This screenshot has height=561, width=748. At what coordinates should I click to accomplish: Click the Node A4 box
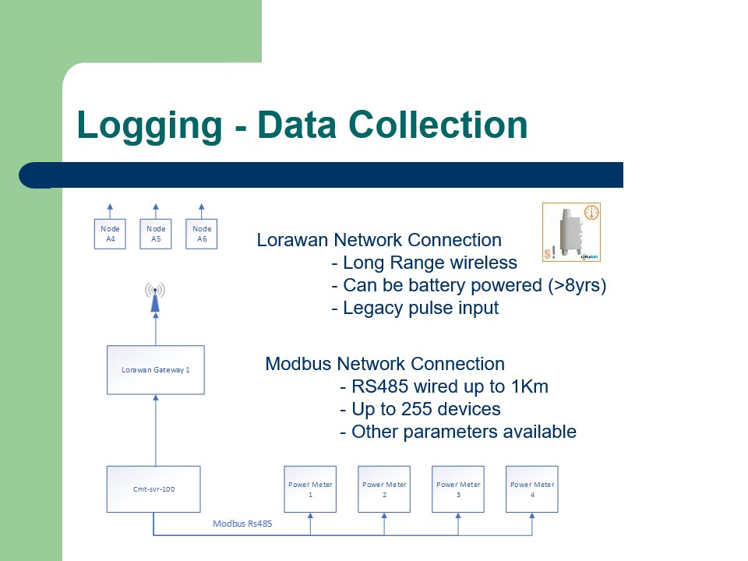point(110,234)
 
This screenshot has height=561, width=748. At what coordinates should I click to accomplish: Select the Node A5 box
point(156,234)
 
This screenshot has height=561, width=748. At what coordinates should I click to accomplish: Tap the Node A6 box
point(202,234)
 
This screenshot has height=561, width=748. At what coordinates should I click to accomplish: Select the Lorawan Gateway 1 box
point(155,369)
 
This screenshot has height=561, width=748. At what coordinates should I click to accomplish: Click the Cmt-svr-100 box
point(153,489)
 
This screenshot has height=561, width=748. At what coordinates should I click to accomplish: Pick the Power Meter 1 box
point(310,489)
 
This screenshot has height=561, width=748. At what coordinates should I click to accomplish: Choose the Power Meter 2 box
point(384,489)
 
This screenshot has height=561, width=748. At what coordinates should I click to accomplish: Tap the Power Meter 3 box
point(458,489)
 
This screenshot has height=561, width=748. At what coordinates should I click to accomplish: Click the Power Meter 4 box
point(532,489)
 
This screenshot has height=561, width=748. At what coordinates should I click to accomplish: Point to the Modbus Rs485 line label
point(242,524)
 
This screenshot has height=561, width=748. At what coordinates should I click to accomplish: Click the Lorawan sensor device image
point(571,232)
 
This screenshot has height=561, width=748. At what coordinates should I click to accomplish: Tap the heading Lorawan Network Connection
point(379,240)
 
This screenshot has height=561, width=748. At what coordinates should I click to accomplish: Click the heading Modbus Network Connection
point(385,364)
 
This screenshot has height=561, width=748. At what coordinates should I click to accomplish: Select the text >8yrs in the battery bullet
point(576,285)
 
